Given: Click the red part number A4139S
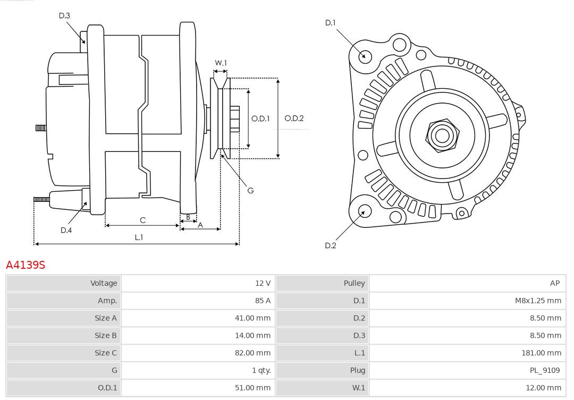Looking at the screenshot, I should [x=26, y=265].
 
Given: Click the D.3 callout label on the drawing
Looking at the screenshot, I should [x=64, y=15].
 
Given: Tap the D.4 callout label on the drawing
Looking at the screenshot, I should [x=66, y=230].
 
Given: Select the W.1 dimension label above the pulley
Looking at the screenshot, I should [x=221, y=63].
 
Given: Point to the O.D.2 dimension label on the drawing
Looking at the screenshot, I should [x=294, y=118].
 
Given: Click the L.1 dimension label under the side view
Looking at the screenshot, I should [x=138, y=237].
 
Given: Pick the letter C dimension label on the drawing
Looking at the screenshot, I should [x=142, y=220].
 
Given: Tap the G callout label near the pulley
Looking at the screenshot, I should [x=251, y=190].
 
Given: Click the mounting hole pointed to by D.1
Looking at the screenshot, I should [x=365, y=56].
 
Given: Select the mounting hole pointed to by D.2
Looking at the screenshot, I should [x=364, y=211].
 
